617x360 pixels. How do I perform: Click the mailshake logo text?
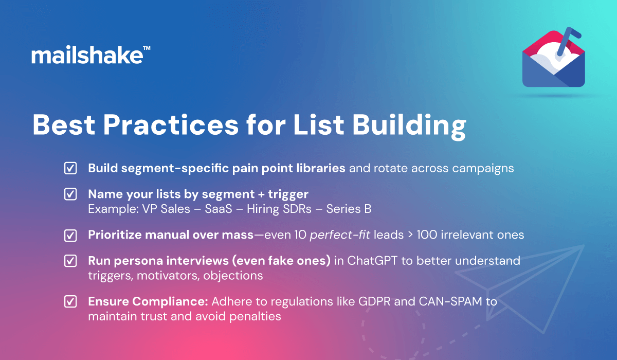87,55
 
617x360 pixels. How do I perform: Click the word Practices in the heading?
171,125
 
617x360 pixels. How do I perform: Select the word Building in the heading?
409,127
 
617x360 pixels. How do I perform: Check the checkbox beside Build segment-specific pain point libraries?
70,168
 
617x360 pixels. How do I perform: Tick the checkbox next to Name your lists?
70,194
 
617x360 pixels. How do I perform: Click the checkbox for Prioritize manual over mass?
70,235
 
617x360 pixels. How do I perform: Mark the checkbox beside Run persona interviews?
70,261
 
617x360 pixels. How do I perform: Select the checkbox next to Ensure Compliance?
70,301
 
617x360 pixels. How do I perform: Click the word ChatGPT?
372,261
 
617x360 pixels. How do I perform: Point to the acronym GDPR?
374,301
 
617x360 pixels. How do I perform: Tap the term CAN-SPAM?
450,301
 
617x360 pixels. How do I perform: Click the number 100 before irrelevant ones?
427,235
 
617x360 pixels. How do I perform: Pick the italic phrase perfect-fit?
340,235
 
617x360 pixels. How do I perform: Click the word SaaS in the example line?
219,209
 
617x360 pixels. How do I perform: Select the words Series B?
349,209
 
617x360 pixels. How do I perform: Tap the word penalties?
255,316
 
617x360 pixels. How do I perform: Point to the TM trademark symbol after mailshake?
147,48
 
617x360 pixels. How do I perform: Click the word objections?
233,276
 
